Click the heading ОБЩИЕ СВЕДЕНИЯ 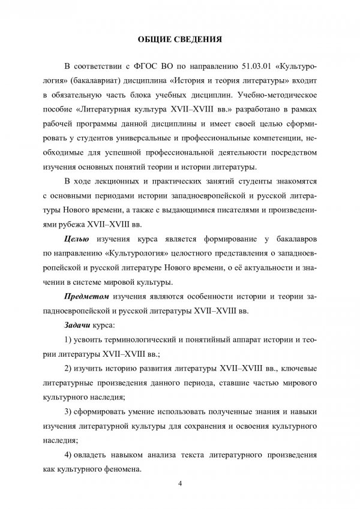click(x=180, y=41)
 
